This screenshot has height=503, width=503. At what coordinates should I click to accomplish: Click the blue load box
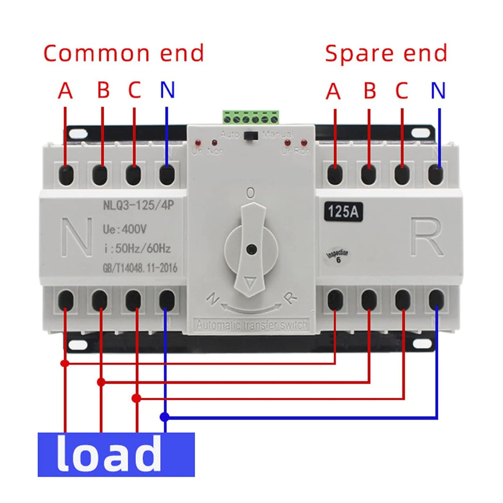(x=116, y=455)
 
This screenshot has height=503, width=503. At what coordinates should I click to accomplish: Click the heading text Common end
(x=124, y=53)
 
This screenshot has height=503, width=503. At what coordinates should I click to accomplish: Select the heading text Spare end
(x=386, y=53)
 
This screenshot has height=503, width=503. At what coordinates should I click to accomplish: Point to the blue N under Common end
(x=167, y=90)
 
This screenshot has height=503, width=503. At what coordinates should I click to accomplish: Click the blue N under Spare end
(x=438, y=90)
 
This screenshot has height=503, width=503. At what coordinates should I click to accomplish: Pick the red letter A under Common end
(x=66, y=91)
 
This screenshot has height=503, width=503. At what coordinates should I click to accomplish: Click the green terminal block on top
(x=251, y=117)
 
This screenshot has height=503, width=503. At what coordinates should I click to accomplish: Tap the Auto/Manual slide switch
(x=253, y=136)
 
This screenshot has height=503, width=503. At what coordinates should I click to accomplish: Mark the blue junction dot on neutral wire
(x=163, y=416)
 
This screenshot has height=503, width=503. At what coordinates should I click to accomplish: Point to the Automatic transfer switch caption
(x=252, y=325)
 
